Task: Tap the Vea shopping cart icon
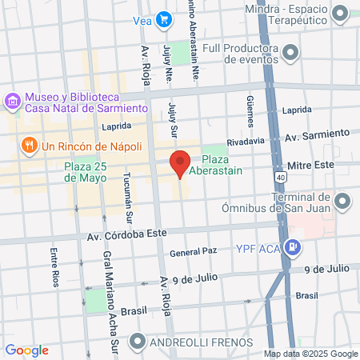point(164,19)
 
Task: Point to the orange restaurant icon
point(30,146)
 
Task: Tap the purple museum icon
point(12,102)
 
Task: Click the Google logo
point(26,350)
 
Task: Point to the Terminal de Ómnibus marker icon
point(343,199)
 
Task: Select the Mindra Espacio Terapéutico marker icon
point(340,13)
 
